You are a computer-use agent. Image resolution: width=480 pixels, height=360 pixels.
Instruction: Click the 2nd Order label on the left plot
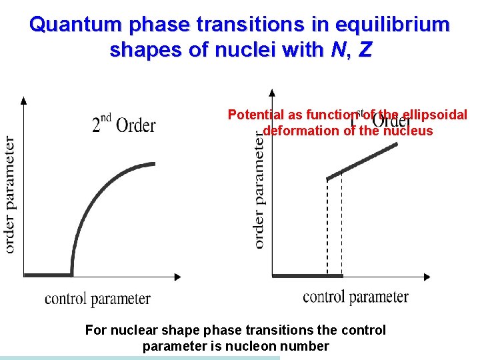click(124, 123)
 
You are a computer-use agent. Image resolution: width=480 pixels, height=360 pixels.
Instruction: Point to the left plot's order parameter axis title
click(10, 195)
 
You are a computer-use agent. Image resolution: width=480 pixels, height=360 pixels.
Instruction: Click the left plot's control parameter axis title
click(97, 298)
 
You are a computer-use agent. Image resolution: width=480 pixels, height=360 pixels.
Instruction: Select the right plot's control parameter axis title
click(355, 296)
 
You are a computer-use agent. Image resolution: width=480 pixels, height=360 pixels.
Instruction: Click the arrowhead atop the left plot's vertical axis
click(24, 101)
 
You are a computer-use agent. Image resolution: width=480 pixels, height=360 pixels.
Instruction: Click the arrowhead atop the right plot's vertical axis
click(272, 93)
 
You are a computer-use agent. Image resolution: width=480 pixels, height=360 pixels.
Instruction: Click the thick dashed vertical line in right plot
click(328, 227)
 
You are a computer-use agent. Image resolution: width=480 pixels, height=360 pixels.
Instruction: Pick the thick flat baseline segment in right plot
click(307, 275)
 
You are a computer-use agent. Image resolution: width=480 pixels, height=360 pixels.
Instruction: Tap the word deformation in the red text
click(301, 131)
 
